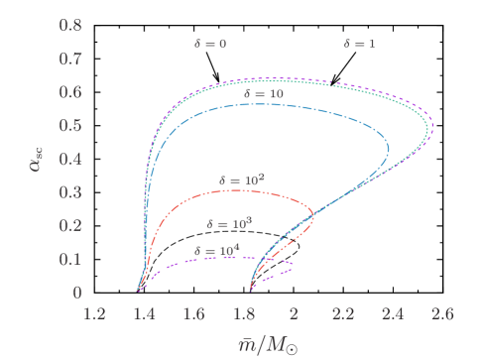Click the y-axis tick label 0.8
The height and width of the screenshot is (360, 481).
coord(69,22)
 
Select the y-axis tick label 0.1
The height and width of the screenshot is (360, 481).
coord(69,259)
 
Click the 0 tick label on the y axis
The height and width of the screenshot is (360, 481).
coord(76,293)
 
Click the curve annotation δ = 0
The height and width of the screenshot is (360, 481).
coord(210,44)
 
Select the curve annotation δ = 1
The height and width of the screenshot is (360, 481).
coord(359,44)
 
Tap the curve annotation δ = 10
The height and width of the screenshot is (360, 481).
coord(264,93)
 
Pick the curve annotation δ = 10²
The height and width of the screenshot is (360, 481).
coord(241,180)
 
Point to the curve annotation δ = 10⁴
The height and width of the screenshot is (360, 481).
coord(215,250)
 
